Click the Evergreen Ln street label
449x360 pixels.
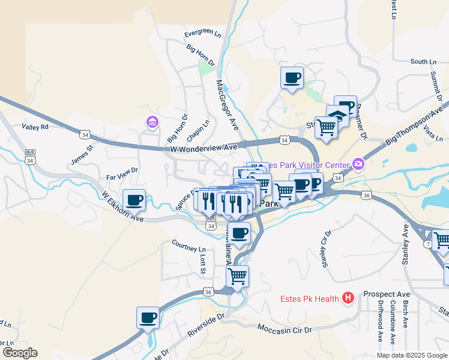pos(203,34)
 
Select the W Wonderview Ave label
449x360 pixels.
pos(203,147)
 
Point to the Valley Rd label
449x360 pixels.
pos(35,127)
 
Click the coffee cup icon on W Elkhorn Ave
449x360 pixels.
pos(134,200)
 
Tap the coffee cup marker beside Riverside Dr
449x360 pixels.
pos(148,318)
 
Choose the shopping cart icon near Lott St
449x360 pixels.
pos(238,276)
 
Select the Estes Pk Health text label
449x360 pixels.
pos(309,299)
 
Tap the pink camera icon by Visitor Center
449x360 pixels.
pos(358,163)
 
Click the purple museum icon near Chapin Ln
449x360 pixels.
pos(151,123)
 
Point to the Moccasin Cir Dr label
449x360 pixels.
pos(285,329)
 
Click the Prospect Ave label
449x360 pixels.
pos(387,295)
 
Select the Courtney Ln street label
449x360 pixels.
pos(188,246)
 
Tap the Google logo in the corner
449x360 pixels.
pos(20,353)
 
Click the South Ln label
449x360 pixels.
pos(423,62)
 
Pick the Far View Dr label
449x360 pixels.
pos(122,174)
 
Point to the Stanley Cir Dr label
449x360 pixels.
pos(327,250)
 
